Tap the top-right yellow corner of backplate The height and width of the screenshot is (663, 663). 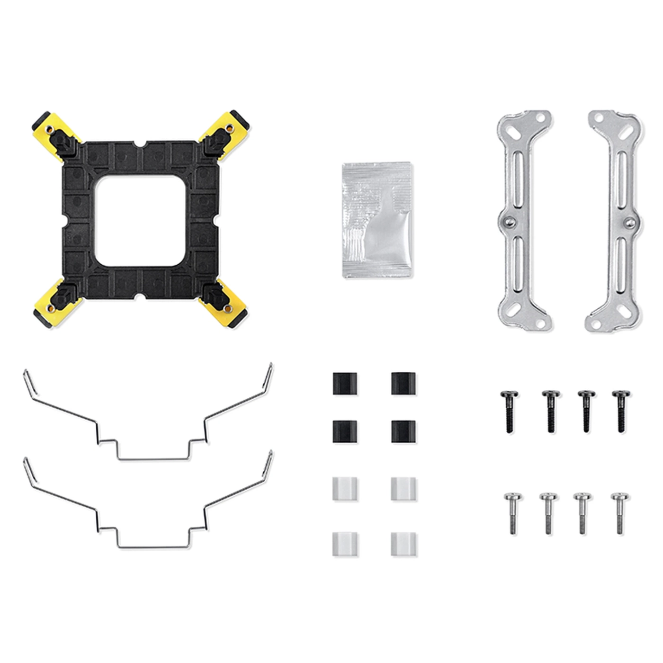click(232, 126)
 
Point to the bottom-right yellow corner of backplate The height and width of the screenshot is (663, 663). click(232, 310)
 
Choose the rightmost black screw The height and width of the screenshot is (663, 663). click(621, 411)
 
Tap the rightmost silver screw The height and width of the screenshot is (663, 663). click(620, 513)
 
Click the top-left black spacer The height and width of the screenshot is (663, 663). click(345, 384)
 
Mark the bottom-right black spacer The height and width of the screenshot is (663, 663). click(403, 431)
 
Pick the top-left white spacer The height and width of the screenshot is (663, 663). click(345, 489)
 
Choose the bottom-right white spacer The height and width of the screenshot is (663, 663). click(403, 545)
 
